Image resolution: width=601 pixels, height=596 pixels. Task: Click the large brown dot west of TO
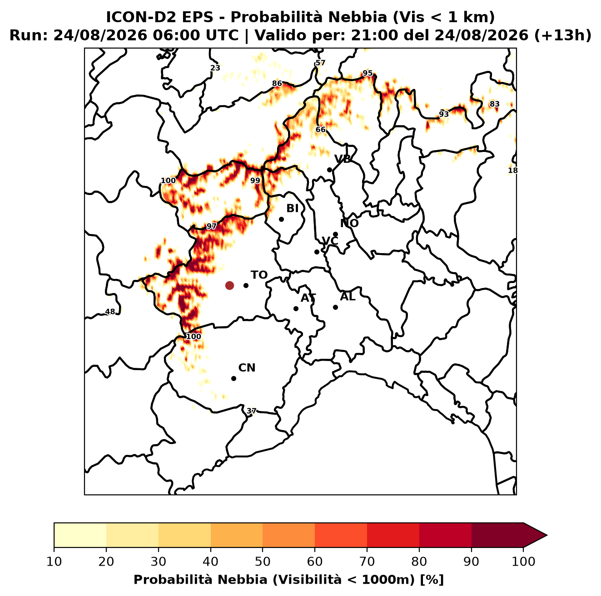coord(229,285)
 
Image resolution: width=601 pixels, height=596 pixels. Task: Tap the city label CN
coord(247,368)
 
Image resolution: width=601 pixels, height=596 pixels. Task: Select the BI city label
coord(293,209)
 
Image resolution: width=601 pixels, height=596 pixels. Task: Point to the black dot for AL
coord(335,307)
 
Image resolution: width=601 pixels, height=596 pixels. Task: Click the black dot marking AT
coord(296,309)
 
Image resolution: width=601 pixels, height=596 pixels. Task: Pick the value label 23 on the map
coord(215,68)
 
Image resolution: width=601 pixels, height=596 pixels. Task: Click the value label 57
coord(320,63)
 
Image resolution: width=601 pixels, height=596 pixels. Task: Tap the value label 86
coord(277,83)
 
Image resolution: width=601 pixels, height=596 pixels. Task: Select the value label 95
coord(368,73)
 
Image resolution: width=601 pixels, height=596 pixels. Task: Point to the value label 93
coord(444,114)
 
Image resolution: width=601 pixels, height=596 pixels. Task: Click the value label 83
coord(495,104)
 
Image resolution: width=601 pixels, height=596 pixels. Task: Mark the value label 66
coord(321,130)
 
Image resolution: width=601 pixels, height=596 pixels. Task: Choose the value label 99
coord(255,181)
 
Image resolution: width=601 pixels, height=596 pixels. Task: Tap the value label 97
coord(211,226)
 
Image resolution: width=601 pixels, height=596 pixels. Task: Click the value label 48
coord(110,312)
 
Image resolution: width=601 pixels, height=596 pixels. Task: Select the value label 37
coord(251,411)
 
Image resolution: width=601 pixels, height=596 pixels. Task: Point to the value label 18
coord(513,171)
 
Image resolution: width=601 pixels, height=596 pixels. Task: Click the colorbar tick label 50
coord(263,562)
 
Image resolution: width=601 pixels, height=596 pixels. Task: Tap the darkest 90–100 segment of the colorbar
coord(497,535)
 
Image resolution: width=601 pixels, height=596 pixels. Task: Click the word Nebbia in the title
coord(357,17)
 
